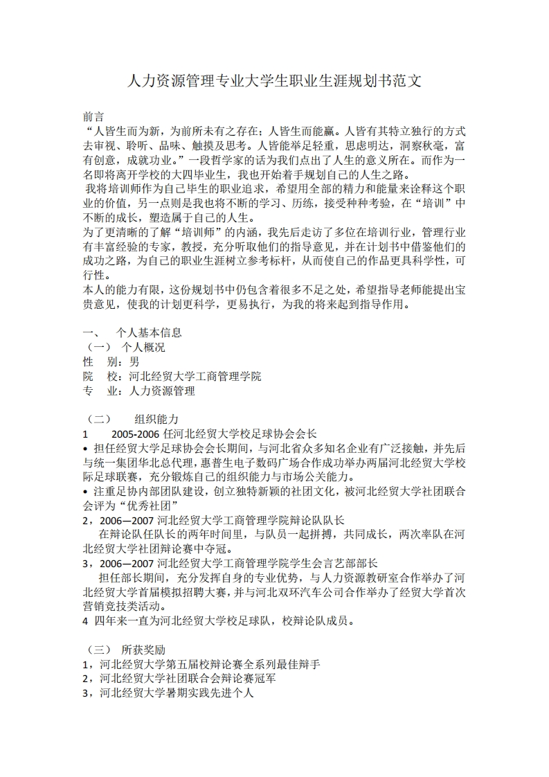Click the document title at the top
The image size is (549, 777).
(x=275, y=81)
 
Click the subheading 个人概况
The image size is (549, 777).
(x=143, y=347)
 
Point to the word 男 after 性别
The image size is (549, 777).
(x=134, y=361)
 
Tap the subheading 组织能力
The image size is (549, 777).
(x=157, y=420)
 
